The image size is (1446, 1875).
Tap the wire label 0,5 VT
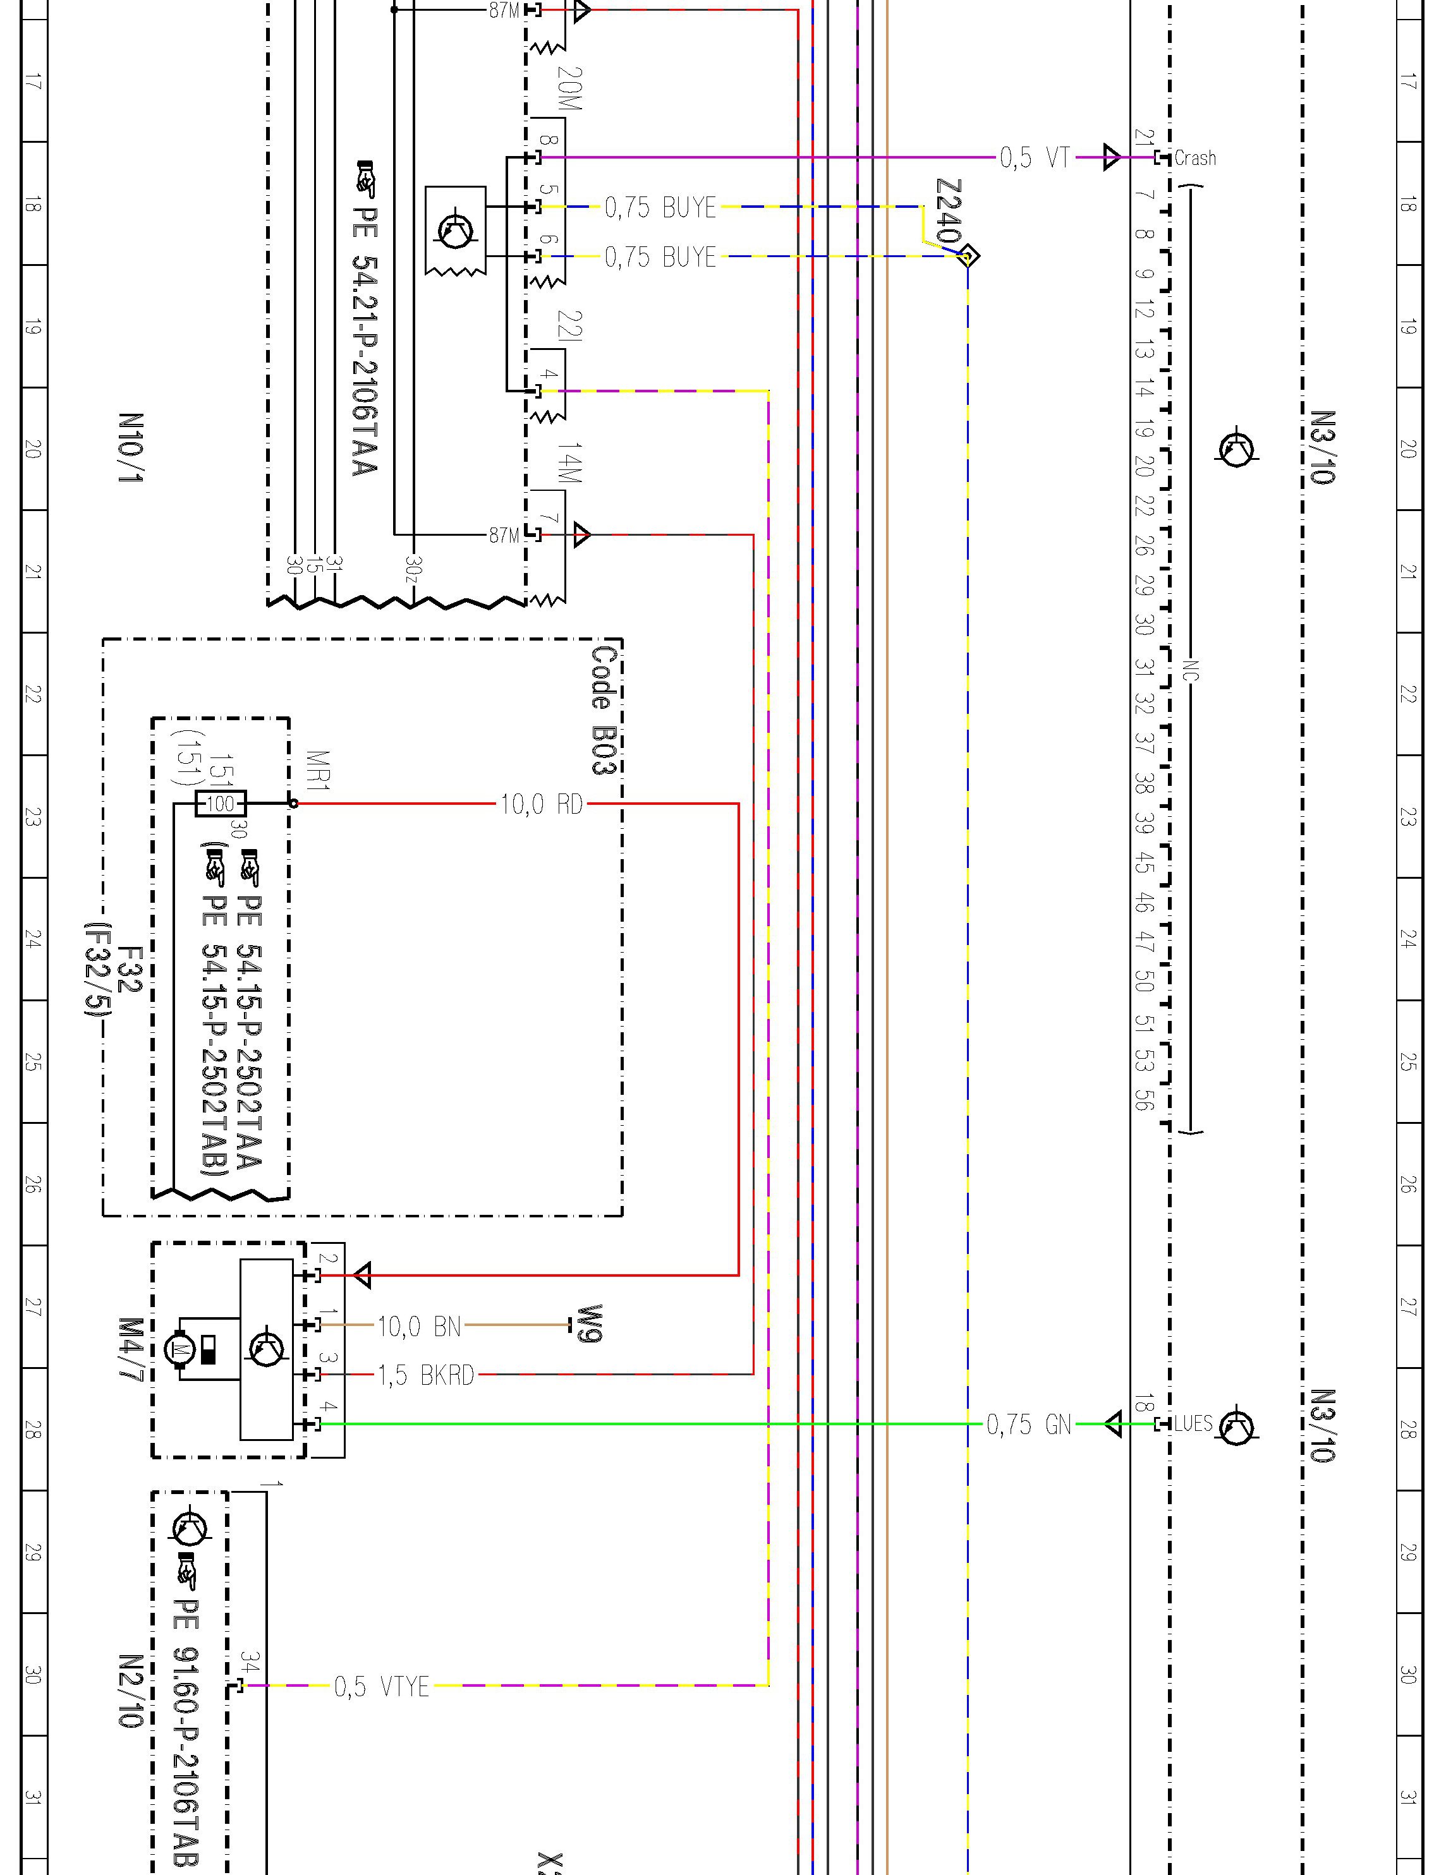tap(1035, 158)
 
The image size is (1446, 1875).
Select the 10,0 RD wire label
tap(542, 804)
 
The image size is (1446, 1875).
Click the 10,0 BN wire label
tap(419, 1327)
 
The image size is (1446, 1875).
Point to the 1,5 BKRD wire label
tap(426, 1375)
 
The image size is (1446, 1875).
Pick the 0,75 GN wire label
tap(1029, 1425)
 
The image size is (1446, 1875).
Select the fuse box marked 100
tap(221, 804)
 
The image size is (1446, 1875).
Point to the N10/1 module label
tap(131, 447)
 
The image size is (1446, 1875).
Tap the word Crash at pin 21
tap(1194, 158)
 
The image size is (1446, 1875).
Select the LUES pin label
tap(1193, 1425)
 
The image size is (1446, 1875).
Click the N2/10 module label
tap(131, 1691)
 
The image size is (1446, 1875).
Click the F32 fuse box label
tap(127, 970)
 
